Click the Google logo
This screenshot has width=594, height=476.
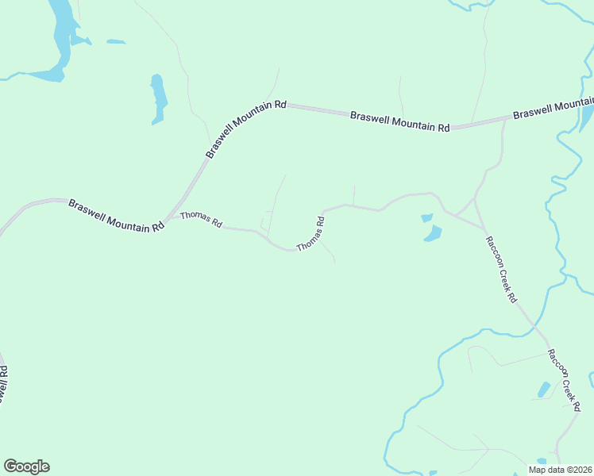[x=26, y=466]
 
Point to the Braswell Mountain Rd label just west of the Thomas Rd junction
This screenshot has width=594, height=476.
[x=116, y=214]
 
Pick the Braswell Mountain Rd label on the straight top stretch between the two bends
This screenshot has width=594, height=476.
[x=400, y=121]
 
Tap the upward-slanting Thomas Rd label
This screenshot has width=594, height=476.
[x=311, y=235]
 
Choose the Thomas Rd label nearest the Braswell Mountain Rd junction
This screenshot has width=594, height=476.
[x=201, y=220]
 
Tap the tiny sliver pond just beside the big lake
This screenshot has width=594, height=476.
[x=116, y=41]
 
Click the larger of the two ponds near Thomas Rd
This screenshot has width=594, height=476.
[x=433, y=234]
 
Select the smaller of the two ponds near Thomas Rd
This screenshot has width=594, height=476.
[x=426, y=217]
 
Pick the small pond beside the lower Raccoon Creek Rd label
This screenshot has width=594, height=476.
[x=544, y=390]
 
